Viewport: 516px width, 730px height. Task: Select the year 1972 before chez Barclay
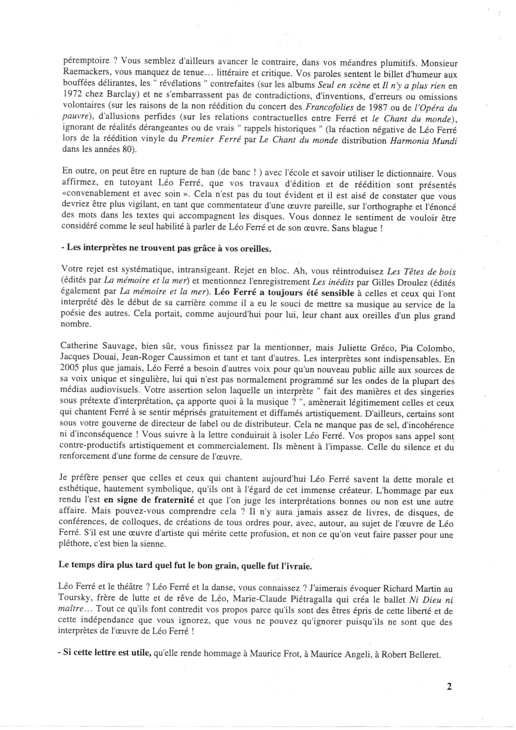click(71, 96)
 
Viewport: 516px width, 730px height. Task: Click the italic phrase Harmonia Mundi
click(423, 140)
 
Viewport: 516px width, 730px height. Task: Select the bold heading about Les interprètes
click(166, 249)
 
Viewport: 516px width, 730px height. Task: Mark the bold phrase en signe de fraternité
click(149, 500)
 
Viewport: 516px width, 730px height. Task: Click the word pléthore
click(73, 544)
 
